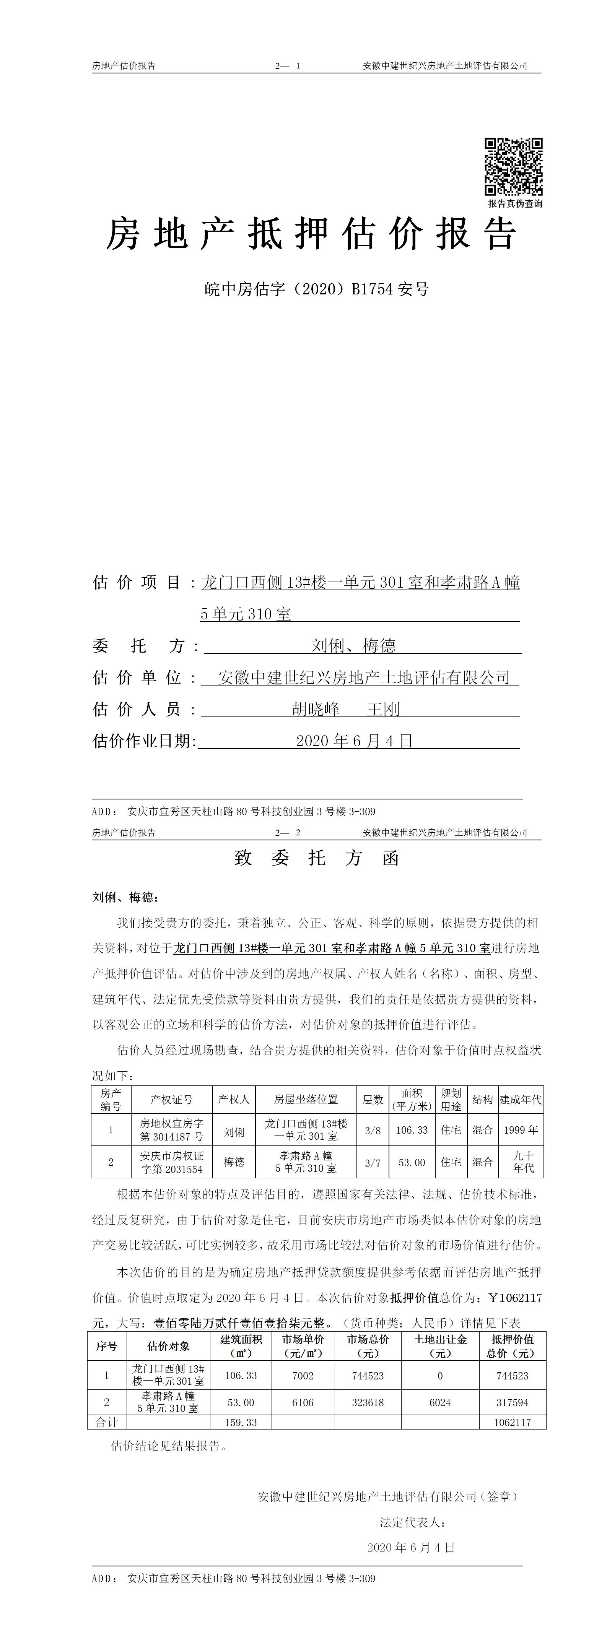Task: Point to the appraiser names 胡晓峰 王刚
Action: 345,709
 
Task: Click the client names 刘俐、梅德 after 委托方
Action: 353,646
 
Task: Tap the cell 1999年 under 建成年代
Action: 521,1130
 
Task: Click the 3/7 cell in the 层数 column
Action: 373,1163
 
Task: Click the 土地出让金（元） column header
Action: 440,1346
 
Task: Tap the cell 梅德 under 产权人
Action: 234,1162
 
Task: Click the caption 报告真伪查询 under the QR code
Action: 515,203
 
